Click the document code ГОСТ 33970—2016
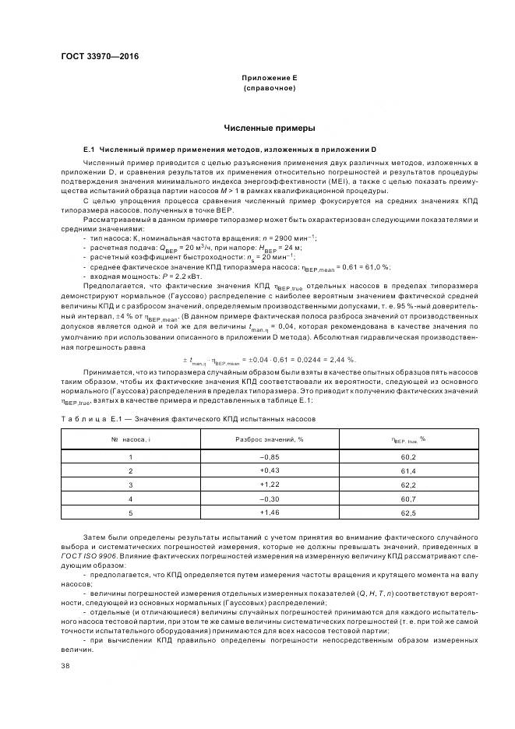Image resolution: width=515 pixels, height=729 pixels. pos(95,57)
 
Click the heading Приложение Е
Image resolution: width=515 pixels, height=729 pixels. pos(269,79)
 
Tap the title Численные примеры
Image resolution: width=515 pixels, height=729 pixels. pos(269,127)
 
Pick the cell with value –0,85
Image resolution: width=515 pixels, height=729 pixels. pos(269,457)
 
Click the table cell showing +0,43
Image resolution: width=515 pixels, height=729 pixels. pos(269,470)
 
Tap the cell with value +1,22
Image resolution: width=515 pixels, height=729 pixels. pos(269,484)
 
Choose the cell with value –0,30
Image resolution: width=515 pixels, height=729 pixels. pos(269,498)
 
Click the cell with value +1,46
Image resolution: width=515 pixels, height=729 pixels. pos(269,512)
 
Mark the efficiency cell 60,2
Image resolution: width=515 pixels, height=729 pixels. pos(408,457)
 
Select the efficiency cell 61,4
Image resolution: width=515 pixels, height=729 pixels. pos(408,470)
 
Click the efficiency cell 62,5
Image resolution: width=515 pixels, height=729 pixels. pos(408,512)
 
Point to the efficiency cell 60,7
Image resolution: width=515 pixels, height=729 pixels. pos(408,498)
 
